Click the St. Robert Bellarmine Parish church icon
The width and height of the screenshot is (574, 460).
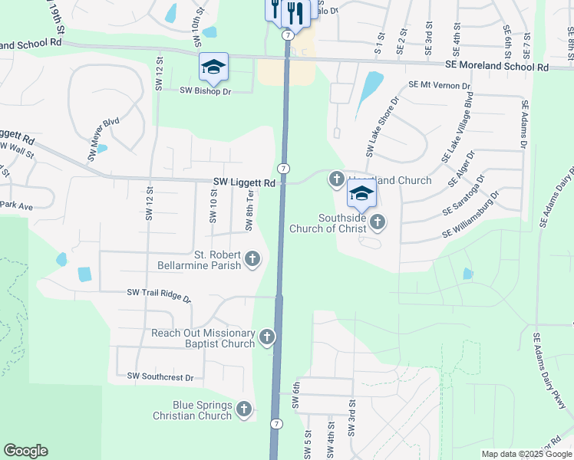point(252,261)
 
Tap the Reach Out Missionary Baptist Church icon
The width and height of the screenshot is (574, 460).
point(267,337)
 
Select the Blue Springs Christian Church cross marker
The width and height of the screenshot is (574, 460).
point(245,410)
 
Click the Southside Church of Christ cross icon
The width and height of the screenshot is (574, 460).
point(377,222)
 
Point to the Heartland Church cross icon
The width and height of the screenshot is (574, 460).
point(336,179)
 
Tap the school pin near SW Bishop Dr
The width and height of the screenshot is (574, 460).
point(213,67)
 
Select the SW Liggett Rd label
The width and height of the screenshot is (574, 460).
point(244,183)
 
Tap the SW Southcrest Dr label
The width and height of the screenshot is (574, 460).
point(160,376)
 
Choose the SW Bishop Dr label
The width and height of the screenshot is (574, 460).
point(205,90)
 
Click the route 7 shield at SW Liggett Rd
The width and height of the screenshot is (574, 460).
point(284,168)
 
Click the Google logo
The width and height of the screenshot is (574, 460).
point(26,451)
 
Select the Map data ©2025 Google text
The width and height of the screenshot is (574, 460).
point(526,454)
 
